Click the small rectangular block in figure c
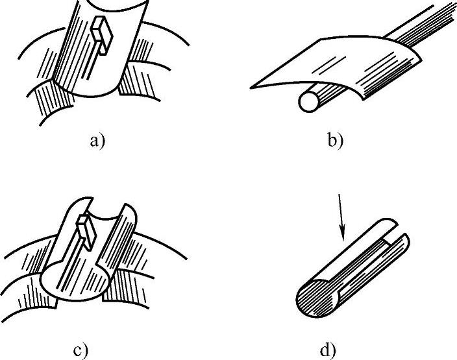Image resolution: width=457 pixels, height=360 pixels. (x=86, y=228)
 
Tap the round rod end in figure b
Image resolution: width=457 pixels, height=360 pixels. (x=308, y=101)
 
